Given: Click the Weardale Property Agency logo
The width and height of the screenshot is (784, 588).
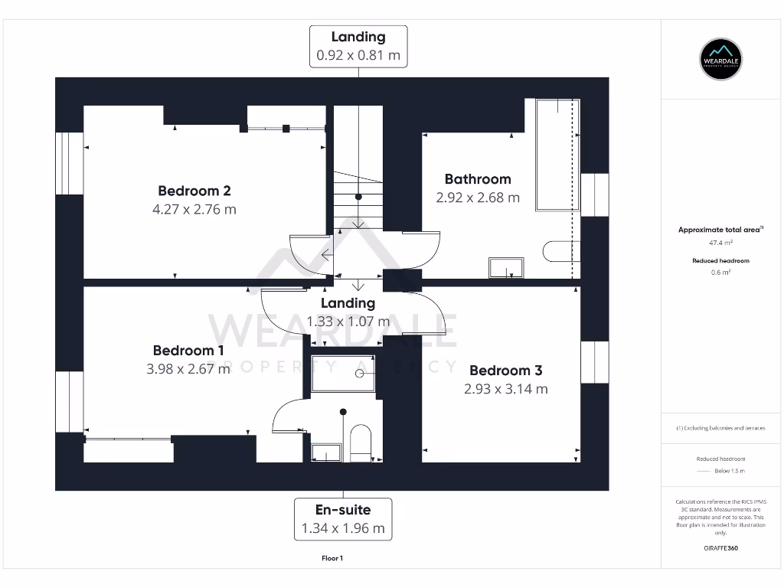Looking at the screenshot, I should pos(721,59).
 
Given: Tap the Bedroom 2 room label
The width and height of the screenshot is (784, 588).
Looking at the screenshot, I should pos(194,191).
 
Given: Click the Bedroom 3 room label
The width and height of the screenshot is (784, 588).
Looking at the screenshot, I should pos(506,371).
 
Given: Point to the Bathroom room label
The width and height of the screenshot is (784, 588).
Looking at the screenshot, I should pos(478,179).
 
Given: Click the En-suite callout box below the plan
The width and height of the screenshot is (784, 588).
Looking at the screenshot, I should pos(343,518).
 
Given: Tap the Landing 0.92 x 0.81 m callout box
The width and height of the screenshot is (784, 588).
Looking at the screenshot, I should pos(358,46).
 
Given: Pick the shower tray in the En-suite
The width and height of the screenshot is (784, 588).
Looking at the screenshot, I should pos(343,374).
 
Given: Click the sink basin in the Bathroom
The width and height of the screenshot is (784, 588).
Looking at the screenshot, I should pos(507,267).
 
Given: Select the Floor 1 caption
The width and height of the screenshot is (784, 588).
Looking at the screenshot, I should pos(332,558).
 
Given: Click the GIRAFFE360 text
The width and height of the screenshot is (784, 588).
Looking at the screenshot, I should pos(720,548).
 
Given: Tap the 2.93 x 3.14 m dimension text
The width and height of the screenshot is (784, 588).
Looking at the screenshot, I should pos(506,389).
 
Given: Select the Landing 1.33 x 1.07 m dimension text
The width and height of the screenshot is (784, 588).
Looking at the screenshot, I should pos(348,322).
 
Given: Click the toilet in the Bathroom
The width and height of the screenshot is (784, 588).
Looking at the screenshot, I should pos(557,251).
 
